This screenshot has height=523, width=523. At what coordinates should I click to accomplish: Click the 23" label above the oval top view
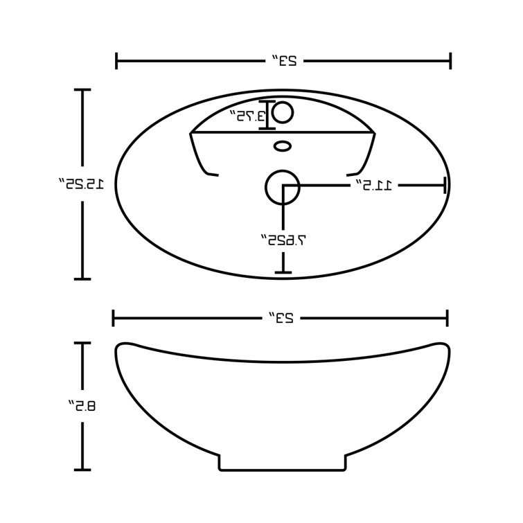283,60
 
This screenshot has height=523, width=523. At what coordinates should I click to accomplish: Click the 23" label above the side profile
281,318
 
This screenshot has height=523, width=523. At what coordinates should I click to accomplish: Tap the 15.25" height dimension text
82,184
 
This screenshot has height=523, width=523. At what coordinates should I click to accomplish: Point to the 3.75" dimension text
247,116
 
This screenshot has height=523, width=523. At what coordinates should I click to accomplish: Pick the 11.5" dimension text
375,185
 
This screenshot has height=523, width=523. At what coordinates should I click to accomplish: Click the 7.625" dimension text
283,240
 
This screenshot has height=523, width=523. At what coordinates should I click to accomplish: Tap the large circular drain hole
282,186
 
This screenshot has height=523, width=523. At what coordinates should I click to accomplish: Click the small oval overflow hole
282,145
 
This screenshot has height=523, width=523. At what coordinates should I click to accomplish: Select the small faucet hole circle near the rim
285,112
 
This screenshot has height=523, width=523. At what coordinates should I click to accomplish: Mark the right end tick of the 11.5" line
444,185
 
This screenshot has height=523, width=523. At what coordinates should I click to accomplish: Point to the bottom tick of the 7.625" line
282,272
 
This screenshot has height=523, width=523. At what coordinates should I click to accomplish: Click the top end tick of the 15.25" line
82,90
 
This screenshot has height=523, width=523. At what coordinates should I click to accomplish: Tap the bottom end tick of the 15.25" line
82,279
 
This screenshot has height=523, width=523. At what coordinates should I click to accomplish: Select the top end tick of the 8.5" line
82,343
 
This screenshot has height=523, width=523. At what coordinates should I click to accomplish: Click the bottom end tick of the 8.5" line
82,470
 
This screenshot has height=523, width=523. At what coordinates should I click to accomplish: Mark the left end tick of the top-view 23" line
116,60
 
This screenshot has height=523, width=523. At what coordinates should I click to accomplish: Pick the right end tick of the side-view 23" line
447,318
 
